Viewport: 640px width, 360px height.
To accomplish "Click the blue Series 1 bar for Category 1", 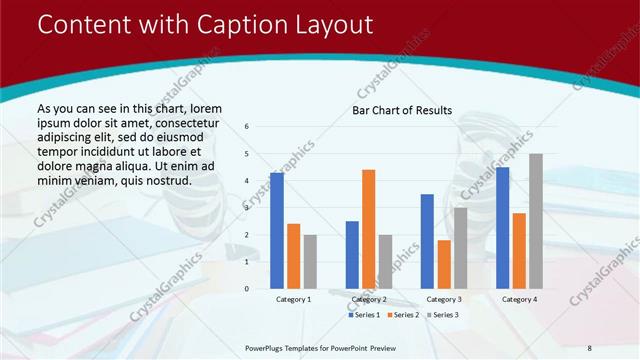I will pyautogui.click(x=276, y=231).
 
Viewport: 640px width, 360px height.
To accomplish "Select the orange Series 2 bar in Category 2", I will pyautogui.click(x=368, y=229).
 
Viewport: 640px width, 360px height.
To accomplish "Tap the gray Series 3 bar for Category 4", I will pyautogui.click(x=536, y=221).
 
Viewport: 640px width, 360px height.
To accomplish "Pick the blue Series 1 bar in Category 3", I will pyautogui.click(x=427, y=241).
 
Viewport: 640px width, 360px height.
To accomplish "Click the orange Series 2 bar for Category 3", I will pyautogui.click(x=443, y=264).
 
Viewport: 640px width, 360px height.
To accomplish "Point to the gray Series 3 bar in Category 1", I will pyautogui.click(x=310, y=262).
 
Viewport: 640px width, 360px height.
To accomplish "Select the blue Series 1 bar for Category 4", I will pyautogui.click(x=502, y=228).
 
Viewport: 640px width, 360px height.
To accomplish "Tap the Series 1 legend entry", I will pyautogui.click(x=362, y=315).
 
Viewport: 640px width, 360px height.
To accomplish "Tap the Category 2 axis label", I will pyautogui.click(x=368, y=299).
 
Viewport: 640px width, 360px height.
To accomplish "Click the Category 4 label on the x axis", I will pyautogui.click(x=519, y=299).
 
